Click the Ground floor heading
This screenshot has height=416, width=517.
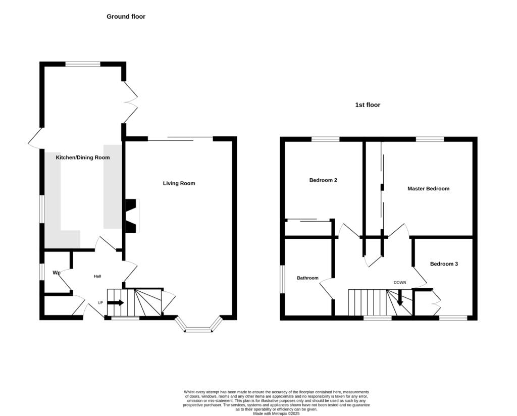(126, 17)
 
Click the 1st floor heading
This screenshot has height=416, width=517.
(368, 105)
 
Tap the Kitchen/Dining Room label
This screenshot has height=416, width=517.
(83, 158)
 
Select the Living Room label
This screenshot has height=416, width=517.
(179, 183)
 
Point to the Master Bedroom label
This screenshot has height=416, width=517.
(428, 188)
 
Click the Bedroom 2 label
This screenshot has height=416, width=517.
(323, 180)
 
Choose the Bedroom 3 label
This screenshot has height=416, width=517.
(444, 264)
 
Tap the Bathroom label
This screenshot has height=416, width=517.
(307, 278)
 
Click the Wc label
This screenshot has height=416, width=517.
(57, 273)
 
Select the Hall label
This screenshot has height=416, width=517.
(97, 276)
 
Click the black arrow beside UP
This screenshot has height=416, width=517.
(116, 302)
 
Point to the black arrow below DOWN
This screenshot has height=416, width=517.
(400, 298)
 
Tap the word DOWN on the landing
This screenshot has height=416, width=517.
(400, 283)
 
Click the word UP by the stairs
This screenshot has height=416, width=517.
(100, 302)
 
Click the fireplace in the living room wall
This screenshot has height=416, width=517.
(132, 216)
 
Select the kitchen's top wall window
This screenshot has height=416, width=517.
(83, 64)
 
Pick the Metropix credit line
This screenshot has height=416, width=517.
(276, 413)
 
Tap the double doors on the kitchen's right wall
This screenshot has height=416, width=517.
(131, 102)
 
